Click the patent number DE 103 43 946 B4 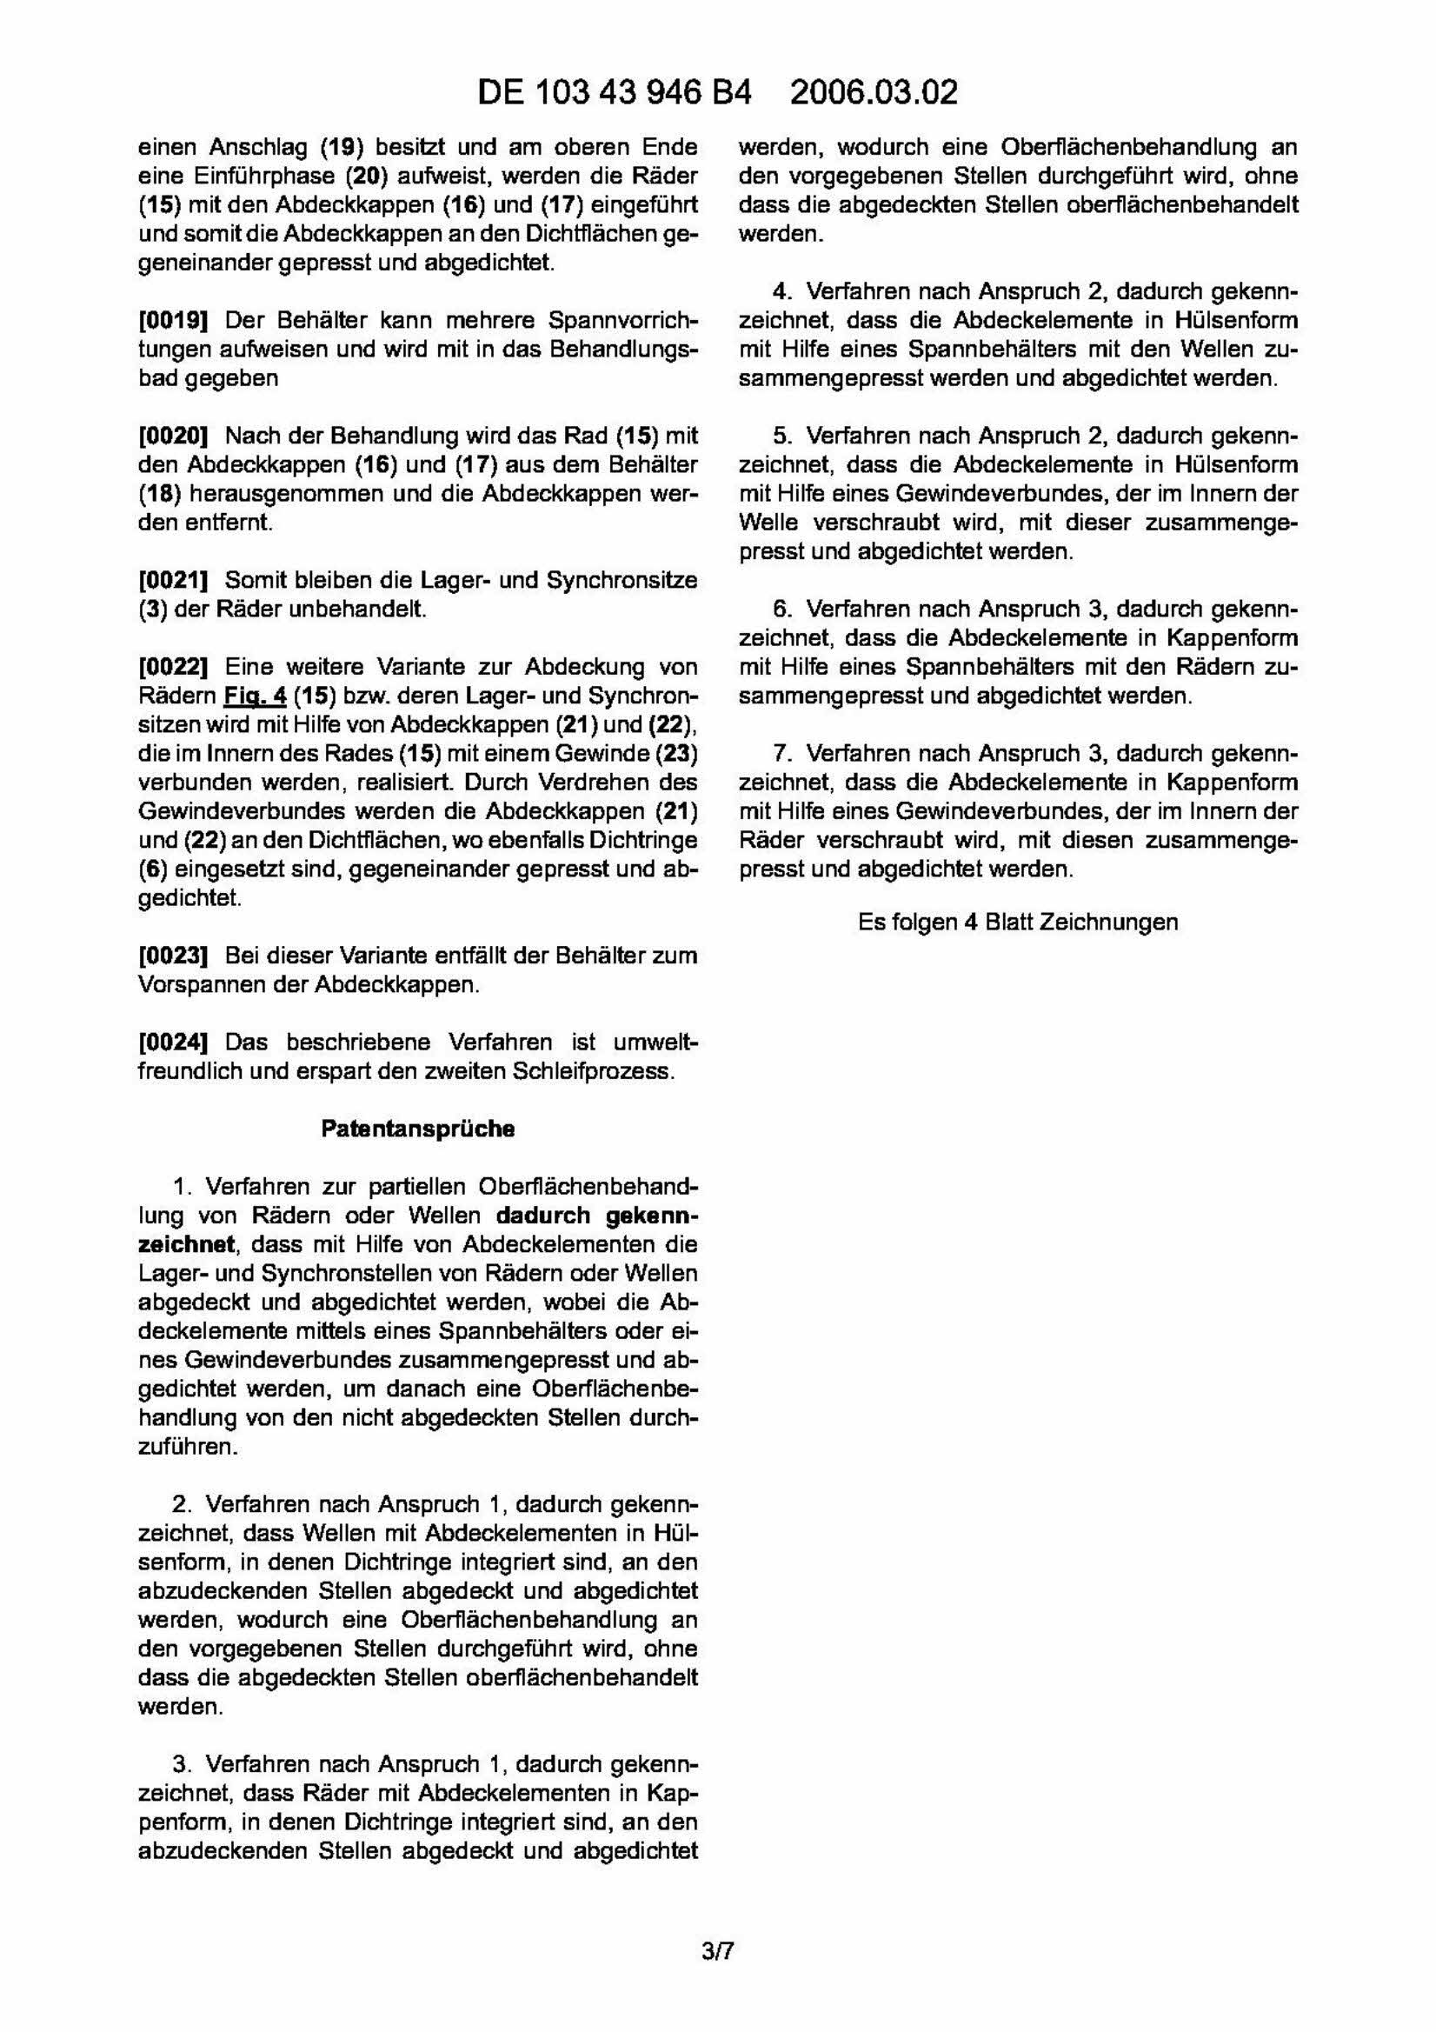pyautogui.click(x=614, y=92)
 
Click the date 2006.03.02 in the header pyautogui.click(x=874, y=92)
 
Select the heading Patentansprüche pyautogui.click(x=417, y=1129)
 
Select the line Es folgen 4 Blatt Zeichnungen pyautogui.click(x=1018, y=923)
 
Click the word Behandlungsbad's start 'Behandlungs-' pyautogui.click(x=625, y=349)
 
